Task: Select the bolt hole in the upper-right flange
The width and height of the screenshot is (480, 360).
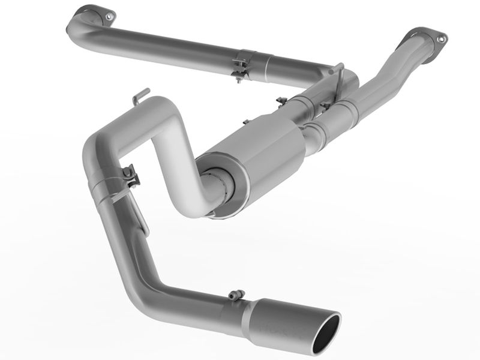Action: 441,39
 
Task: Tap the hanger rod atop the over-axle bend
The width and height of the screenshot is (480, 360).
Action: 141,95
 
